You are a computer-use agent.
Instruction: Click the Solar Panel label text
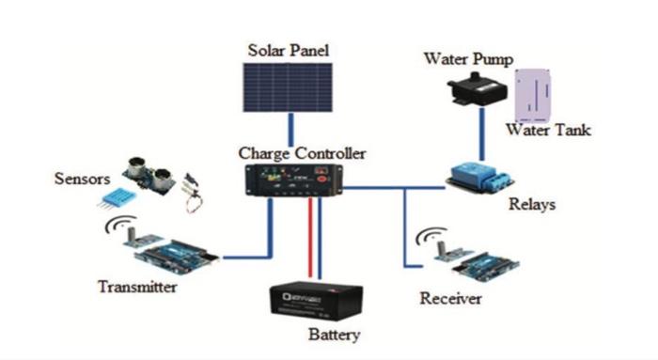click(290, 49)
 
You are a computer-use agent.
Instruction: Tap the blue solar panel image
click(290, 87)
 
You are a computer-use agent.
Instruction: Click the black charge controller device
click(293, 180)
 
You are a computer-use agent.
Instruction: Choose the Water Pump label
click(467, 60)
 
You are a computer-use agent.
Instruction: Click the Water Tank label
click(549, 131)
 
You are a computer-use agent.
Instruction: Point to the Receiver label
click(450, 299)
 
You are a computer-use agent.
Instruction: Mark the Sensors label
click(83, 178)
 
